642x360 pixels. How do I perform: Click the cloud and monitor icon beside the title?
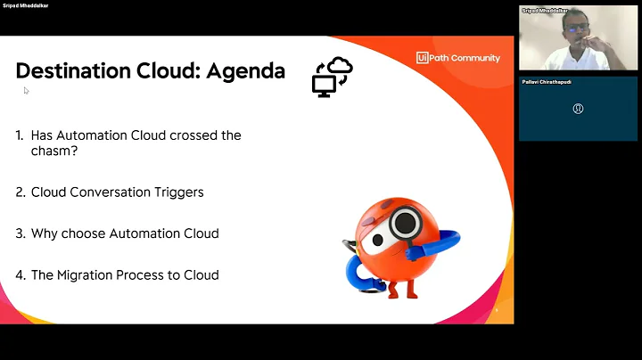point(332,77)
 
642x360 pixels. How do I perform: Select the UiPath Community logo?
point(457,58)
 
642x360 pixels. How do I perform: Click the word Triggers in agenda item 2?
point(178,192)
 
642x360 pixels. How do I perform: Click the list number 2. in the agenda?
point(20,192)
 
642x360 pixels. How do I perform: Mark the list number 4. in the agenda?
point(20,275)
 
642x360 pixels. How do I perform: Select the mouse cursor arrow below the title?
point(26,90)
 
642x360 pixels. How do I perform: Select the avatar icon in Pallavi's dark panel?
point(579,109)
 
